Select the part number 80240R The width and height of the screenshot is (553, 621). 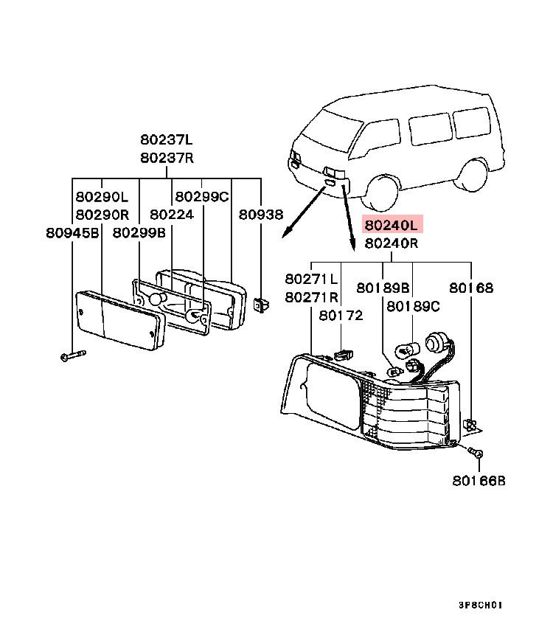point(391,243)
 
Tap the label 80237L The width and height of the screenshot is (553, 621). point(167,139)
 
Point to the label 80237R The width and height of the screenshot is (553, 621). point(167,157)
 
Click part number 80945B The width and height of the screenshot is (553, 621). point(72,232)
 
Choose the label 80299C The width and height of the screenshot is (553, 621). point(201,197)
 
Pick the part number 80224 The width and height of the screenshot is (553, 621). point(172,215)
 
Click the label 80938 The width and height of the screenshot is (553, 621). point(260,215)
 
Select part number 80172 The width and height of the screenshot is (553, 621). point(341,315)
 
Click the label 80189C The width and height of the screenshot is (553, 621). point(413,305)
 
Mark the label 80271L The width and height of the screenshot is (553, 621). point(312,280)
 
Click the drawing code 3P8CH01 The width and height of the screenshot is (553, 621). point(480,604)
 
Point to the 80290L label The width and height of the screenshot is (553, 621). point(102,197)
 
